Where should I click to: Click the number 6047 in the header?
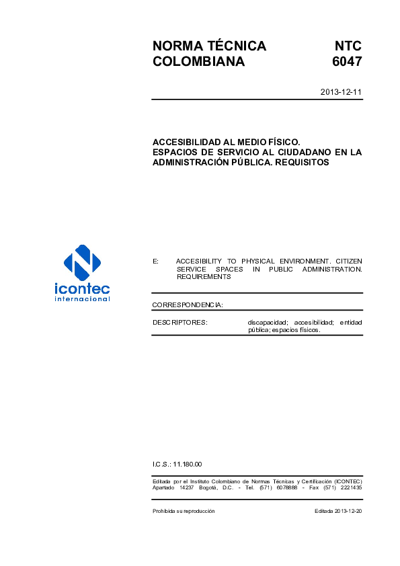[347, 63]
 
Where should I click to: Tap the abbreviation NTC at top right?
[348, 46]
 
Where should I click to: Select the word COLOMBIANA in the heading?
[198, 63]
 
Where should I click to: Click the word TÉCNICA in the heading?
[235, 46]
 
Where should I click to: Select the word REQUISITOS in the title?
[304, 162]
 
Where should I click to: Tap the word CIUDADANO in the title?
[299, 153]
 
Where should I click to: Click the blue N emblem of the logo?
[82, 263]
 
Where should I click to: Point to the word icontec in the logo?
[82, 290]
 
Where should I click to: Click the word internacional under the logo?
[82, 299]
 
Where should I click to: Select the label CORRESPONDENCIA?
[188, 305]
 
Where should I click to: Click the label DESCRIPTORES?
[180, 323]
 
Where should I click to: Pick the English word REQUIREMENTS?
[203, 277]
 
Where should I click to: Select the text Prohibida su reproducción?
[184, 512]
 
